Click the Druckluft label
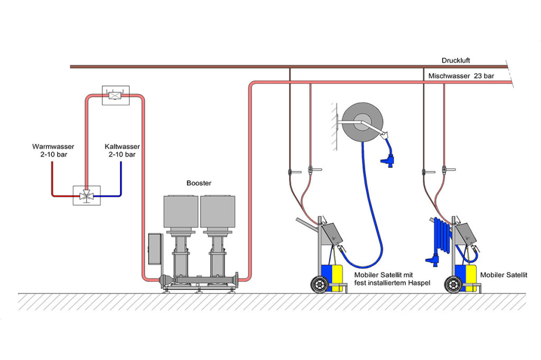(455, 60)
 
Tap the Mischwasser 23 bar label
(461, 76)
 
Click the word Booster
(199, 183)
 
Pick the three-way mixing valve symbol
(87, 195)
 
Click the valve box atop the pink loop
(116, 95)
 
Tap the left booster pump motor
(181, 212)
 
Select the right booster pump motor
(218, 212)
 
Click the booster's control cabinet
(155, 249)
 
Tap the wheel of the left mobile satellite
(320, 285)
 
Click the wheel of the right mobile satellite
(453, 285)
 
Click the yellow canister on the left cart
(338, 278)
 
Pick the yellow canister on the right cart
(471, 278)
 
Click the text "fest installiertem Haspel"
(393, 283)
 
